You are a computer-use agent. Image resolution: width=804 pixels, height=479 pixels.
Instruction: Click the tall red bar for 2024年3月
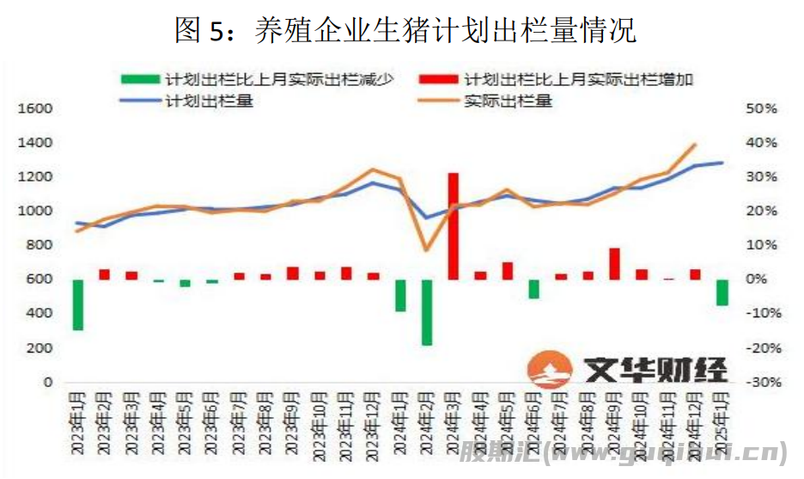(x=454, y=225)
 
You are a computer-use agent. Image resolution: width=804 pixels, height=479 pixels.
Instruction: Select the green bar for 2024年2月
(x=427, y=312)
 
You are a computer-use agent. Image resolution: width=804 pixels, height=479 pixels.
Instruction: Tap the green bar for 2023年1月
(x=78, y=304)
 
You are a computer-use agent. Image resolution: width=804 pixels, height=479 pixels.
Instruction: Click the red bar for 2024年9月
(x=614, y=264)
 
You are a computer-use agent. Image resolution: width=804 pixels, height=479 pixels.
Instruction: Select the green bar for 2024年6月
(x=534, y=289)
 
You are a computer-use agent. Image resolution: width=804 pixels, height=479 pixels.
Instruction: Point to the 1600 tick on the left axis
(x=35, y=108)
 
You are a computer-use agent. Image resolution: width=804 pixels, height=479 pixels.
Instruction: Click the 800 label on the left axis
(x=40, y=245)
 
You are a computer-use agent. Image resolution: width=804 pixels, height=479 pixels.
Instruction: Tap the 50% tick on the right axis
(x=762, y=108)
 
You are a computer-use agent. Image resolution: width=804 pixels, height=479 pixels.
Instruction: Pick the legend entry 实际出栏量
(x=508, y=101)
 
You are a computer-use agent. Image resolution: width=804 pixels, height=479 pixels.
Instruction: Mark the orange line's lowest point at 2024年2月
(x=427, y=249)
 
